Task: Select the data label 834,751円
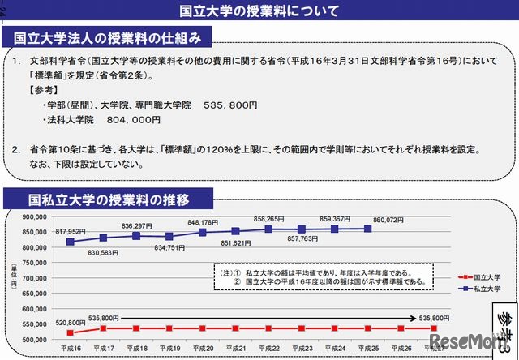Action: pos(169,248)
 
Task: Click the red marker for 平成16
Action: pos(71,332)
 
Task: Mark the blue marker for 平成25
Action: pos(367,229)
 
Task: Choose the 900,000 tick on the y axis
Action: pos(35,216)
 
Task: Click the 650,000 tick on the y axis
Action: pos(35,294)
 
